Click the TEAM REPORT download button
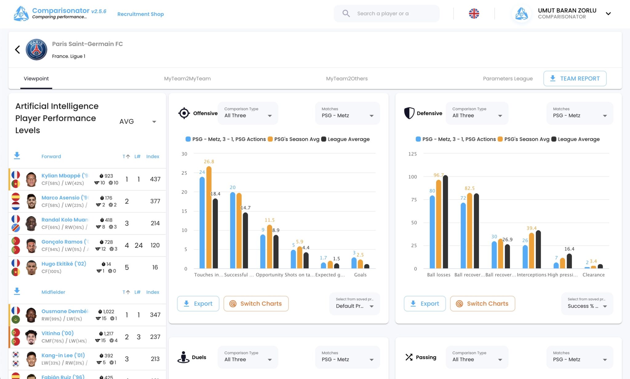pyautogui.click(x=575, y=78)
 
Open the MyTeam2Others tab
pyautogui.click(x=347, y=78)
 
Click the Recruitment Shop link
pyautogui.click(x=140, y=14)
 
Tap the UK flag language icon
pyautogui.click(x=474, y=14)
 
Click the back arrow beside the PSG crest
pyautogui.click(x=18, y=49)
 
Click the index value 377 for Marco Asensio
pyautogui.click(x=155, y=201)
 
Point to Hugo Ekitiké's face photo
pyautogui.click(x=31, y=267)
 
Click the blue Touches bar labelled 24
pyautogui.click(x=202, y=223)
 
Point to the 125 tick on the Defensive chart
pyautogui.click(x=412, y=154)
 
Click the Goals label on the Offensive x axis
pyautogui.click(x=360, y=275)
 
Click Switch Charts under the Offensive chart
pyautogui.click(x=256, y=304)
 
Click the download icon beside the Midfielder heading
pyautogui.click(x=17, y=291)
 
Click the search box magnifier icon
pyautogui.click(x=346, y=14)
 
